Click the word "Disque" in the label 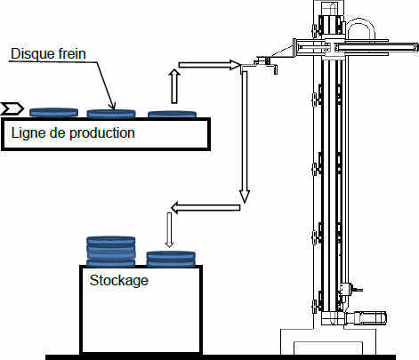tap(32, 54)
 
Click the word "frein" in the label tap(71, 53)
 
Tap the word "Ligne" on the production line tap(28, 133)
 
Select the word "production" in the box tap(102, 133)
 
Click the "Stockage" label tap(118, 280)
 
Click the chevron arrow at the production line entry tap(12, 108)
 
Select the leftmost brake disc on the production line tap(53, 112)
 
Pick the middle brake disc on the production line tap(111, 114)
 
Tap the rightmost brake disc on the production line tap(172, 114)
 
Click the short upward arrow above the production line tap(174, 86)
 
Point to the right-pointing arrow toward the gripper tap(209, 65)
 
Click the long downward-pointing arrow tap(245, 137)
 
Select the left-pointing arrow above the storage tap(205, 207)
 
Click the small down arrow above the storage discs tap(169, 230)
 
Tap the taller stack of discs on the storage tap(111, 251)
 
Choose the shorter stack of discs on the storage tap(171, 259)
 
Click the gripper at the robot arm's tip tap(265, 64)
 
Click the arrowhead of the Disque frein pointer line tap(113, 107)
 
